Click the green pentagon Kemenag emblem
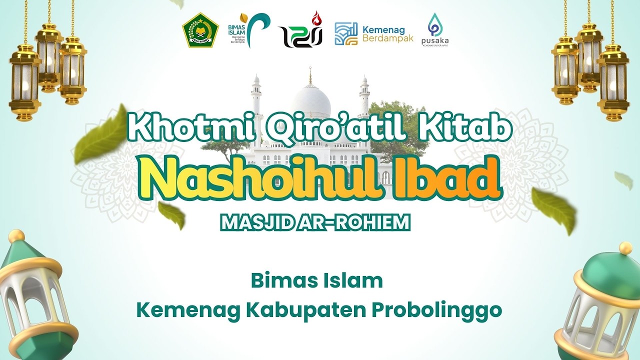coord(200,30)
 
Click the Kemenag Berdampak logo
coord(374,33)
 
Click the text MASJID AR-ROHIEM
coord(315,223)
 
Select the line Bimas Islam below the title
coord(316,281)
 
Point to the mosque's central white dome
coord(311,100)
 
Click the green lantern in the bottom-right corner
coord(600,305)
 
